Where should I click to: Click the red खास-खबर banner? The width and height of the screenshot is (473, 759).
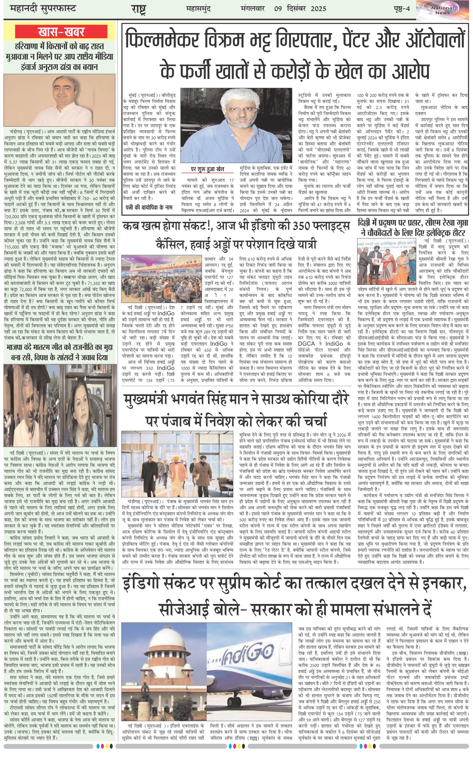61,32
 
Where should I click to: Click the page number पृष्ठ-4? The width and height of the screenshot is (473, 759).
402,9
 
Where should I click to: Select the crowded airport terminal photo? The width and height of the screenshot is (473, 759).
161,279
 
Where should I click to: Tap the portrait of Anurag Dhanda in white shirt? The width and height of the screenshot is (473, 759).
59,100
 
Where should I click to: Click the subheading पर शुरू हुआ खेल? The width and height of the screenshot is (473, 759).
207,169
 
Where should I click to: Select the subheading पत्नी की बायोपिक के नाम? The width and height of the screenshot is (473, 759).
149,207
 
